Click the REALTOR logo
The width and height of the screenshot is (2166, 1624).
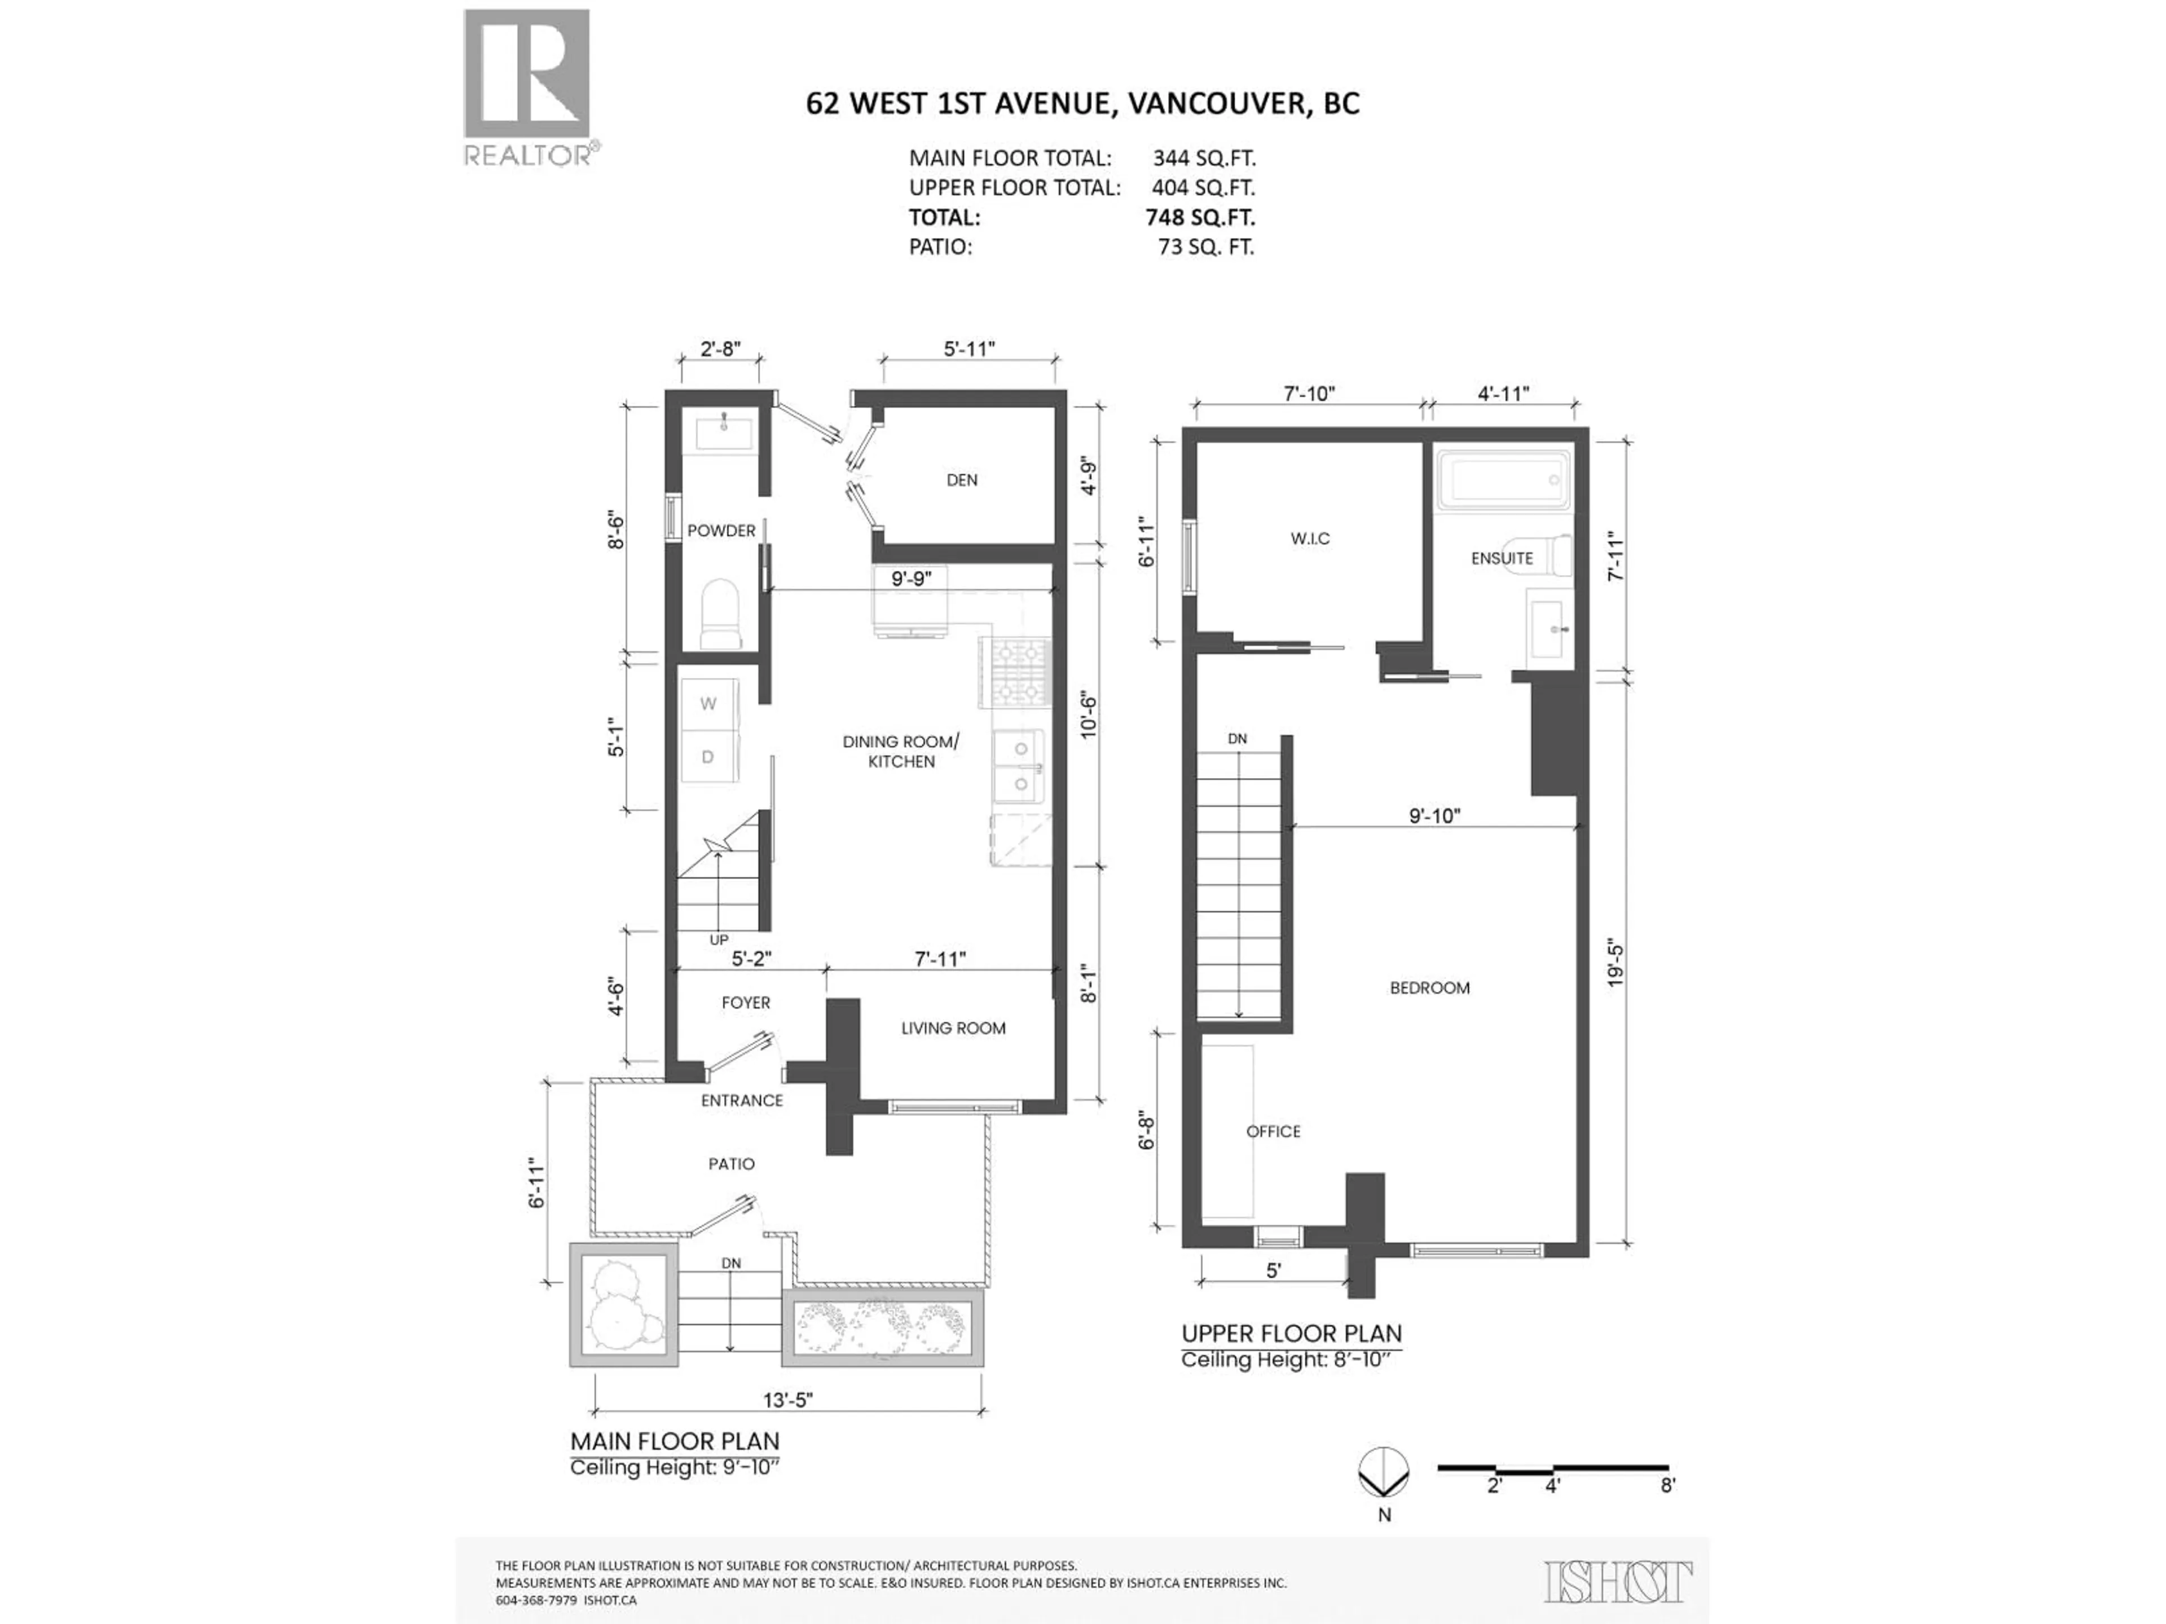click(x=527, y=86)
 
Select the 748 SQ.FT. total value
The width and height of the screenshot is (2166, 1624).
click(x=1200, y=217)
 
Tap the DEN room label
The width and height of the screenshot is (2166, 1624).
click(x=962, y=480)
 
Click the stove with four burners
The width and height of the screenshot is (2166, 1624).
click(x=1015, y=673)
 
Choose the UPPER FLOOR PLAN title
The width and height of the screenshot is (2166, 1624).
click(x=1291, y=1333)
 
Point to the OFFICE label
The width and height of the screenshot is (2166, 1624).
click(x=1273, y=1131)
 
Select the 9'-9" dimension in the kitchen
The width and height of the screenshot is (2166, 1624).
click(x=910, y=579)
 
